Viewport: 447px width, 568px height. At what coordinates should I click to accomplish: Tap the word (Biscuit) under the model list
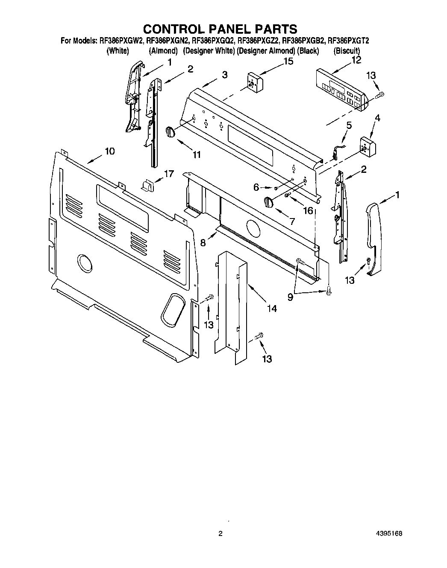pos(346,51)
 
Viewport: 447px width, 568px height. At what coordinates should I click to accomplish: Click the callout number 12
pos(356,60)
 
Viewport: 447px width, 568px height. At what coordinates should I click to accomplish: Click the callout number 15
pos(288,61)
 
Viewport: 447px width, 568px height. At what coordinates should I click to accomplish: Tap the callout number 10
pos(110,151)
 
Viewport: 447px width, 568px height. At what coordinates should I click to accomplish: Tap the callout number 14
pos(272,308)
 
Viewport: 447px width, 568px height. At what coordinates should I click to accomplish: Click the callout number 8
pos(203,242)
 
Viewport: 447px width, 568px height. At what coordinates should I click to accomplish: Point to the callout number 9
pos(290,297)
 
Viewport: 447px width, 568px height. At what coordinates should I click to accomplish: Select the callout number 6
pos(256,186)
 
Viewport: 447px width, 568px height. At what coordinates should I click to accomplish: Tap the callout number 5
pos(349,125)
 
